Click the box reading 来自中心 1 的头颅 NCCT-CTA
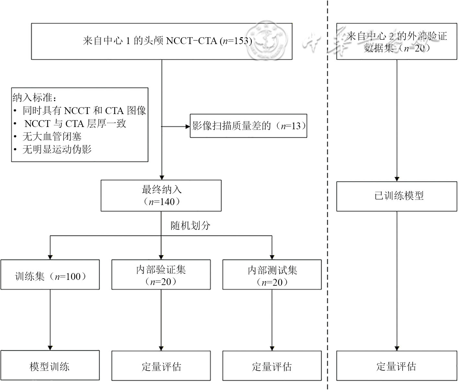pos(162,41)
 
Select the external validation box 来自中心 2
pos(396,41)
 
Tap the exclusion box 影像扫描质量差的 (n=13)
pos(248,126)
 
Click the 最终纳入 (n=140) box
pos(161,196)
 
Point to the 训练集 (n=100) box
pos(50,275)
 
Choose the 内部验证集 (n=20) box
pos(161,275)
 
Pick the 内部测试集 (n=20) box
pos(272,275)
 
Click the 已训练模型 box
pos(396,196)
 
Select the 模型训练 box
pos(50,366)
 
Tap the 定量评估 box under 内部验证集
pos(161,366)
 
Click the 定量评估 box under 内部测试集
pos(272,366)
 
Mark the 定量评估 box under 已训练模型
pos(396,366)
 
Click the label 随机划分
pos(190,225)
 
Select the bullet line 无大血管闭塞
pos(52,136)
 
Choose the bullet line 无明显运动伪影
pos(57,149)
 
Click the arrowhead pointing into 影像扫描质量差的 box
pos(188,126)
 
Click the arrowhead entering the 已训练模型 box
pos(396,179)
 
